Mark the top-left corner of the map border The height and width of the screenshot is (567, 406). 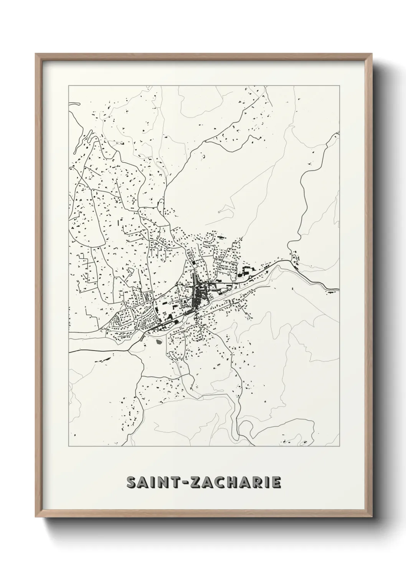[x=69, y=86]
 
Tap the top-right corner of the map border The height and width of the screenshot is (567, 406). [x=339, y=86]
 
